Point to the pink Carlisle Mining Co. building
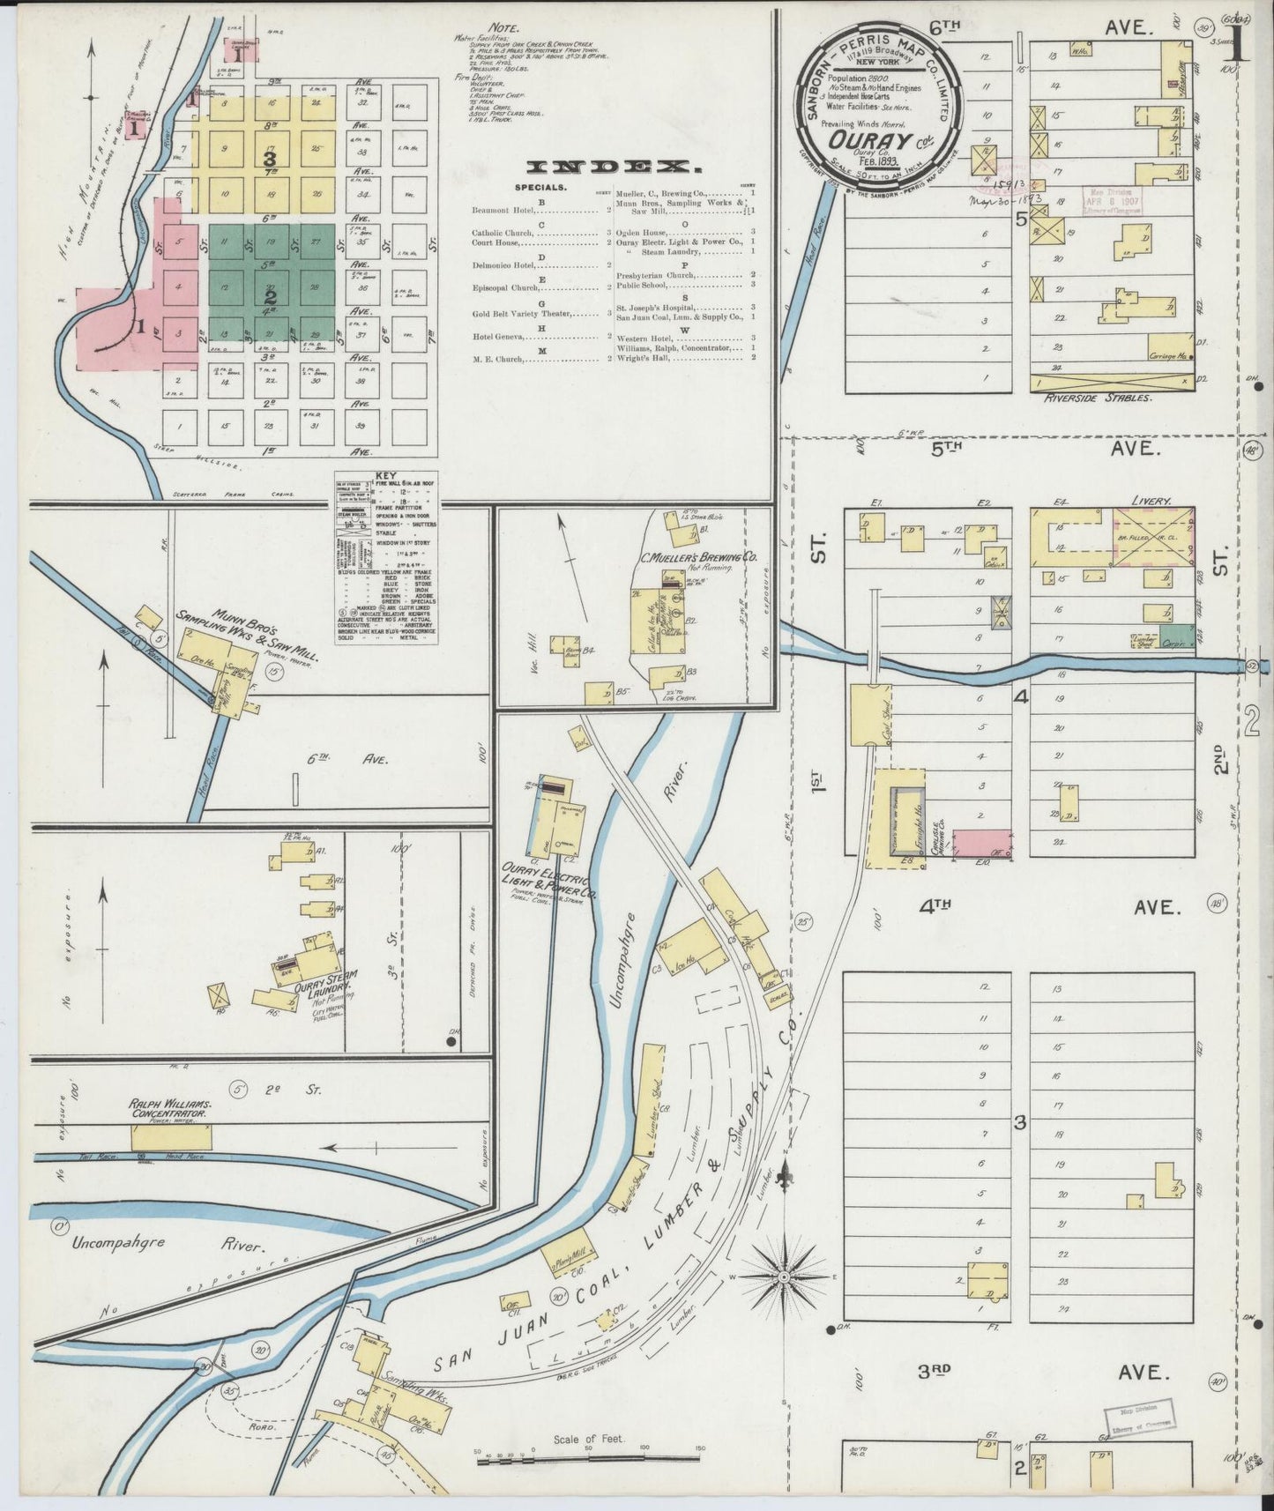pyautogui.click(x=982, y=843)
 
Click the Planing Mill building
pyautogui.click(x=572, y=1255)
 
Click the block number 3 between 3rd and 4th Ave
pyautogui.click(x=1020, y=1122)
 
